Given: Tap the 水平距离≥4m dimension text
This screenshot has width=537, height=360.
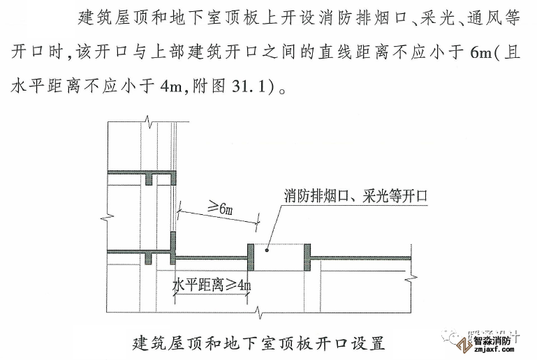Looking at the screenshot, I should click(211, 285).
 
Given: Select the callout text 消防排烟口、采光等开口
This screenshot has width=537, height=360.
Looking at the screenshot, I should click(355, 195).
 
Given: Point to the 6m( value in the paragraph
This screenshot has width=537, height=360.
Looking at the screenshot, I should click(482, 54).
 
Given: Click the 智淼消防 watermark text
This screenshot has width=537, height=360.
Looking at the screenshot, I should click(492, 341).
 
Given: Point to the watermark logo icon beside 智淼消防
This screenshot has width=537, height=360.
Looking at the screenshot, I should click(463, 345).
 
